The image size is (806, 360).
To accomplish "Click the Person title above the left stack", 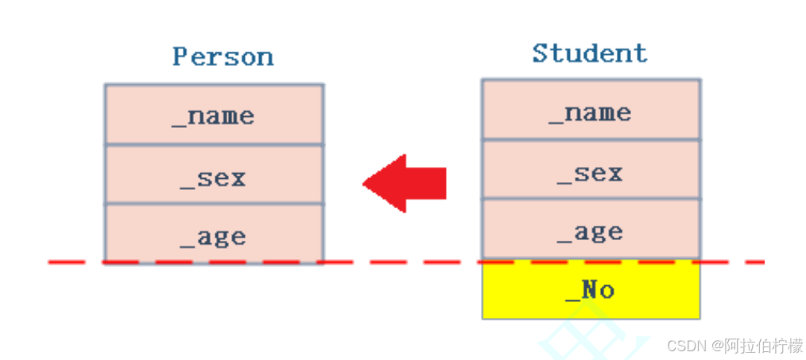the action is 223,57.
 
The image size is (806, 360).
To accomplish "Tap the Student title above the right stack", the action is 590,53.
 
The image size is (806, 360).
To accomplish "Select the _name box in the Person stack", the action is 214,114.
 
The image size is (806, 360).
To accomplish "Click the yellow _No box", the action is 591,290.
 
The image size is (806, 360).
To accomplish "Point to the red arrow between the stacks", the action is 405,184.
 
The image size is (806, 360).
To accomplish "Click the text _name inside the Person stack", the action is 213,117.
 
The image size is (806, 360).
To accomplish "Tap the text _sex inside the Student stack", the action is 590,173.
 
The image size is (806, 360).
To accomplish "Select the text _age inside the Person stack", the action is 213,237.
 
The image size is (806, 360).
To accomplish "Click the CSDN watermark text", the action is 687,346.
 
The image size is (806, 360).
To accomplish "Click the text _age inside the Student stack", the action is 590,233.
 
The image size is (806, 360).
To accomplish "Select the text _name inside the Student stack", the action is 590,113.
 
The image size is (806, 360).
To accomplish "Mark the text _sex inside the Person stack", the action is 213,177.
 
